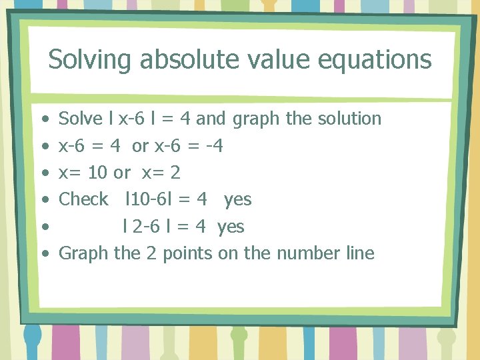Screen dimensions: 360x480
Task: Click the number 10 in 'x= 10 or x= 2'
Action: [97, 173]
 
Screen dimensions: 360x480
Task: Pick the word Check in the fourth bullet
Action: [83, 199]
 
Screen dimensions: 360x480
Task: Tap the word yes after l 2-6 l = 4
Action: [231, 227]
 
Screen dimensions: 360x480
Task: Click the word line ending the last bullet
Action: [360, 253]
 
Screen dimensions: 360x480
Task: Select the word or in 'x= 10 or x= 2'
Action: [122, 173]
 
